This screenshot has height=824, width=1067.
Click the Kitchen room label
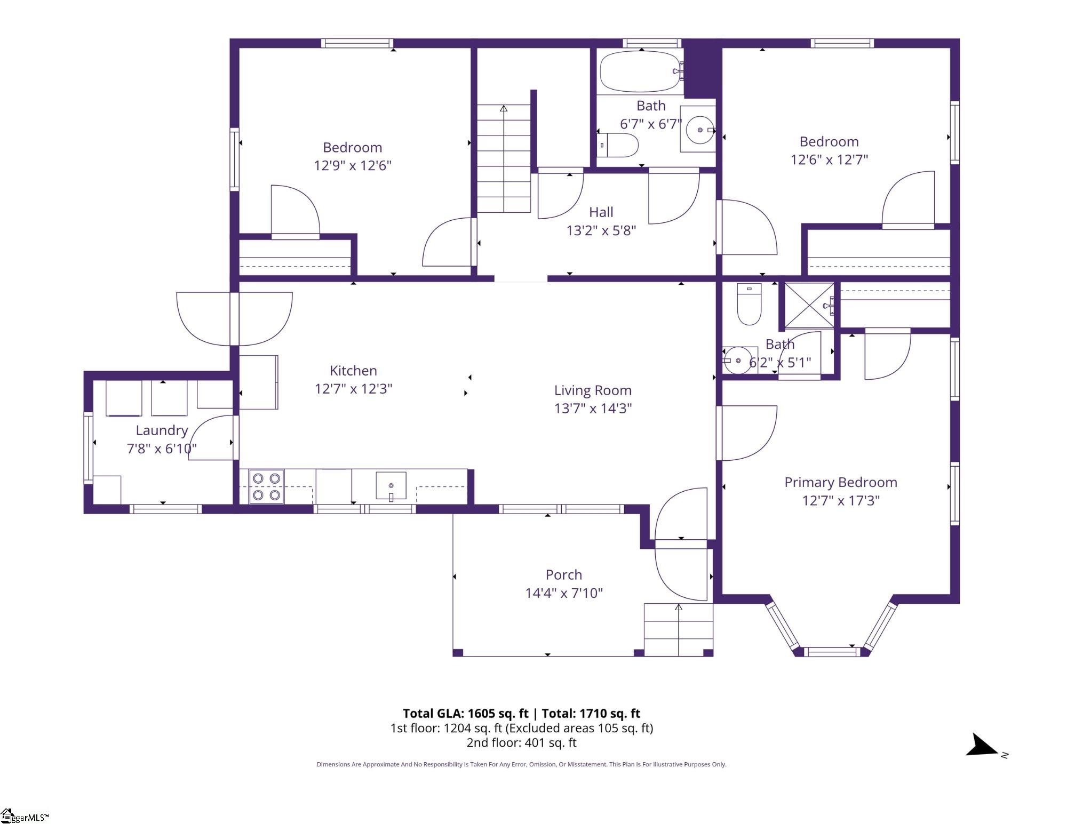pos(353,371)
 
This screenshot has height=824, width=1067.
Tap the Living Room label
pos(593,390)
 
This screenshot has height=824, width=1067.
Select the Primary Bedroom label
pos(841,483)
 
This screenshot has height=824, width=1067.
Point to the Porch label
pos(564,575)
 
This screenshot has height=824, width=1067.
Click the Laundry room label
pos(162,431)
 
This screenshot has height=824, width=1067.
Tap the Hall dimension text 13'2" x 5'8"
pos(601,230)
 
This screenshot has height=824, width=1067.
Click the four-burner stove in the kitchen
pos(266,486)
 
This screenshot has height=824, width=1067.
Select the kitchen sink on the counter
pos(391,486)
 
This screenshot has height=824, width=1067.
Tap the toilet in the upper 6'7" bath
pos(617,145)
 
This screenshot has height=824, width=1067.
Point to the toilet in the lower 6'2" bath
pos(749,304)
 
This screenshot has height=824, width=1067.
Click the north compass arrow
pos(982,745)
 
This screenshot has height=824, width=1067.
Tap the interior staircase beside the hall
pos(504,158)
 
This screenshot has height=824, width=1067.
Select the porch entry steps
pos(679,629)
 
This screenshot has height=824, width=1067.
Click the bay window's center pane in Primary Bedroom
pos(832,651)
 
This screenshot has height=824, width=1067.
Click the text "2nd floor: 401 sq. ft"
pos(521,742)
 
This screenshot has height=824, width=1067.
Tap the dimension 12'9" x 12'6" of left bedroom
pos(353,165)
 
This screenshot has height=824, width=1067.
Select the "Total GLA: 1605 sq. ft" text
pos(465,714)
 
